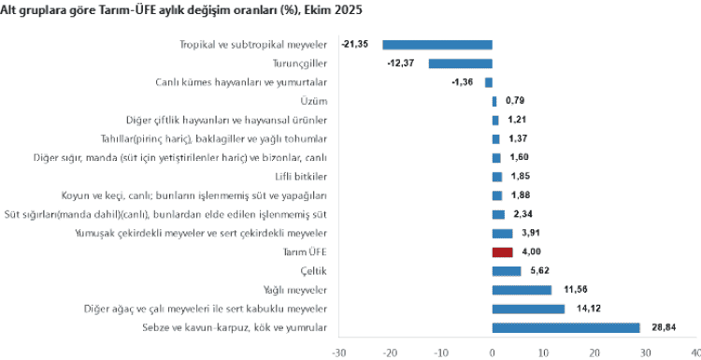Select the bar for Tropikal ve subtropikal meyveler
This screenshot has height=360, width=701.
pyautogui.click(x=437, y=44)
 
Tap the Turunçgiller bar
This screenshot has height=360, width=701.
pyautogui.click(x=461, y=64)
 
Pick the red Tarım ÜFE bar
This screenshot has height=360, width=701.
pyautogui.click(x=503, y=252)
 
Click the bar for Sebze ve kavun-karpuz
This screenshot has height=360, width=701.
pyautogui.click(x=565, y=327)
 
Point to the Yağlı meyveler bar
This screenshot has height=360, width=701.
pyautogui.click(x=522, y=290)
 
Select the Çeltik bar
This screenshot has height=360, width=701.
pyautogui.click(x=507, y=271)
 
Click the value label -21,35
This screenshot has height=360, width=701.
pyautogui.click(x=355, y=44)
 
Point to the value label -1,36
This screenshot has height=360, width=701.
pyautogui.click(x=462, y=82)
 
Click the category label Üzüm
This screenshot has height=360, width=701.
pyautogui.click(x=314, y=101)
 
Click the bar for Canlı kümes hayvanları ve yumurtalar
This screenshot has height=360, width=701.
pyautogui.click(x=489, y=82)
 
